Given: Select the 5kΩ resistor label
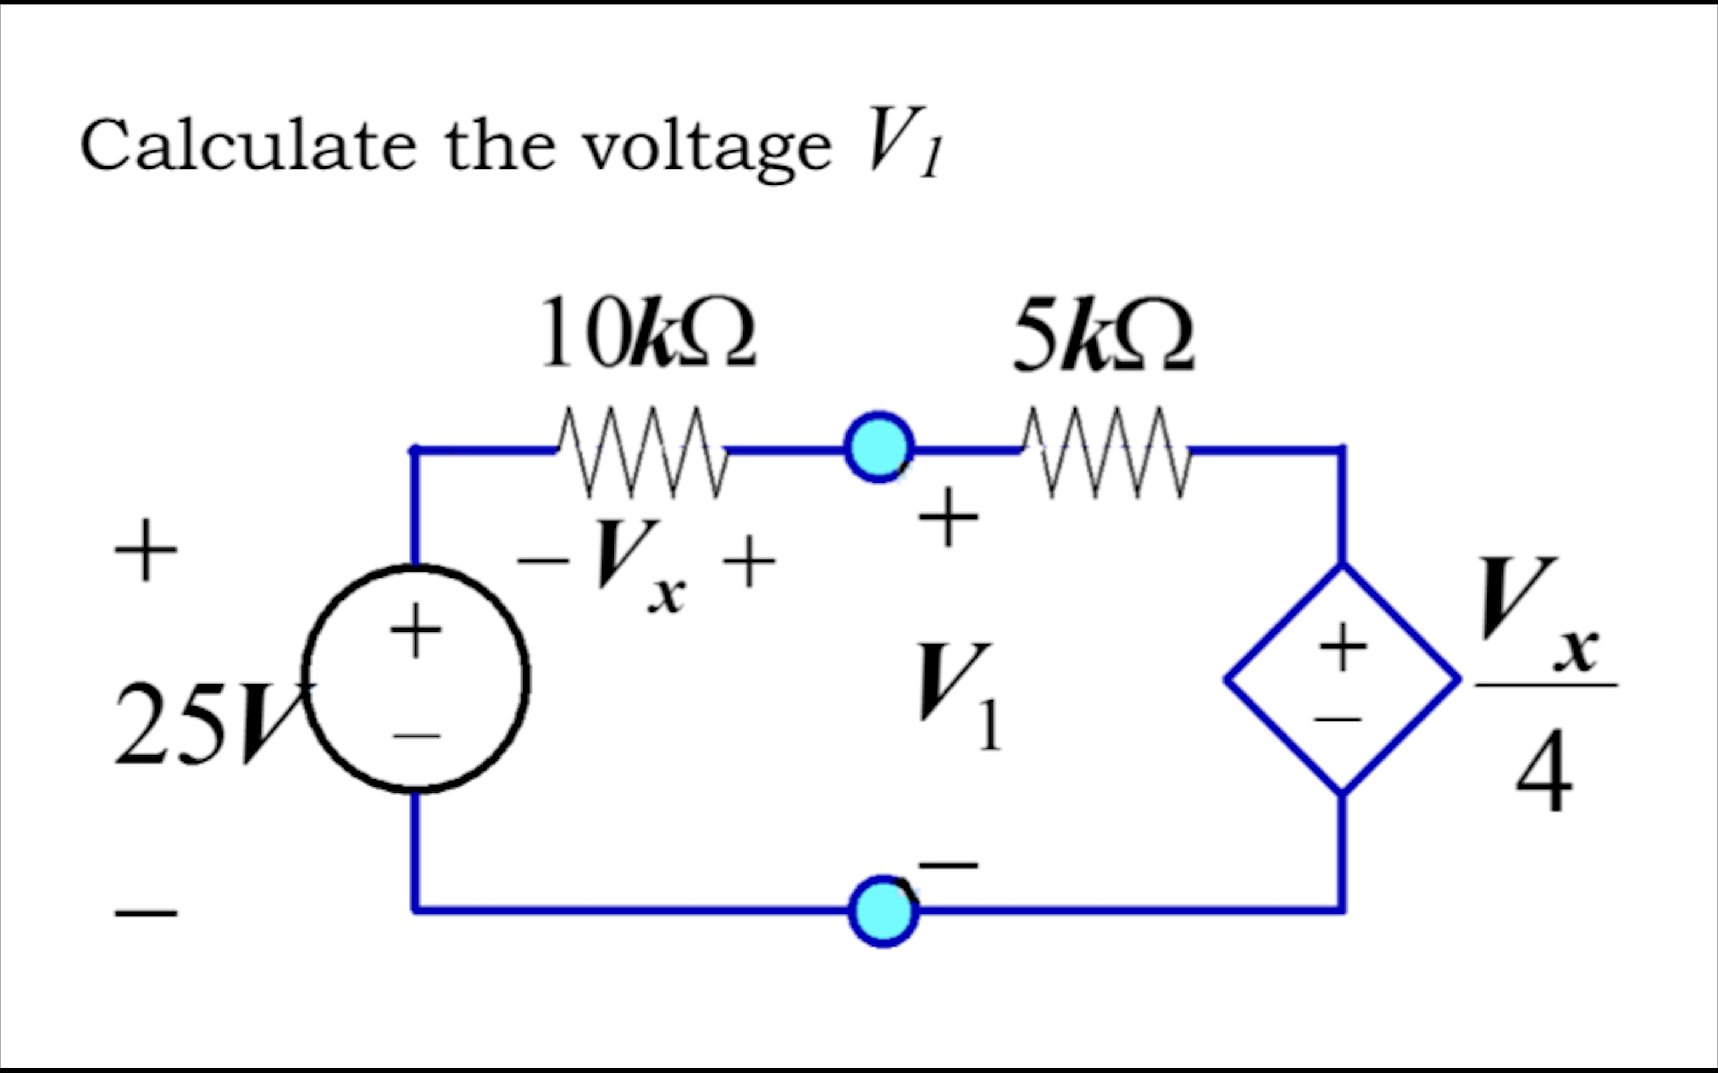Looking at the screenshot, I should coord(1104,335).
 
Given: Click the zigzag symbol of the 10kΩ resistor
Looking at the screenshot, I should coord(643,451).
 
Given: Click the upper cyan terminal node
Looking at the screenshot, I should coord(879,448).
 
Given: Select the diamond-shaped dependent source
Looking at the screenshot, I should coord(1341,679).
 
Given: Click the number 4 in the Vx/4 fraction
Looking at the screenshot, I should coord(1544,771).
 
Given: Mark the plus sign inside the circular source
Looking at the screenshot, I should coord(416,629).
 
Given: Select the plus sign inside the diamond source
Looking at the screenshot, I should coord(1342,646).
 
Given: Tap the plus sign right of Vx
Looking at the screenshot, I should coord(749,562).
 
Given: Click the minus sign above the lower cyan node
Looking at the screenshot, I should coord(948,865).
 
